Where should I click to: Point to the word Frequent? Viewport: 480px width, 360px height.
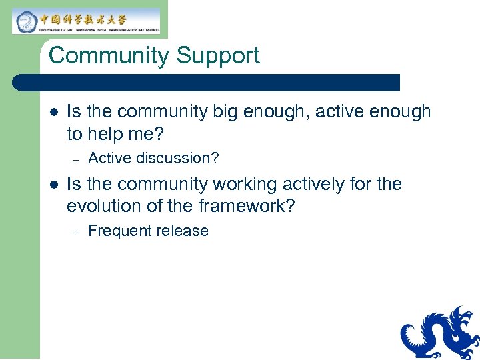[x=117, y=231]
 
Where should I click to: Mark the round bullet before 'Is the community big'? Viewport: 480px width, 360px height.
[x=53, y=112]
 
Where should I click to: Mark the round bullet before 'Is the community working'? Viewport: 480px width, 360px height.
[x=53, y=184]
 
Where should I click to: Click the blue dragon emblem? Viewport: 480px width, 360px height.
[x=439, y=333]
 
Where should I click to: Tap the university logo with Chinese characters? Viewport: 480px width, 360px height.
[x=86, y=21]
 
